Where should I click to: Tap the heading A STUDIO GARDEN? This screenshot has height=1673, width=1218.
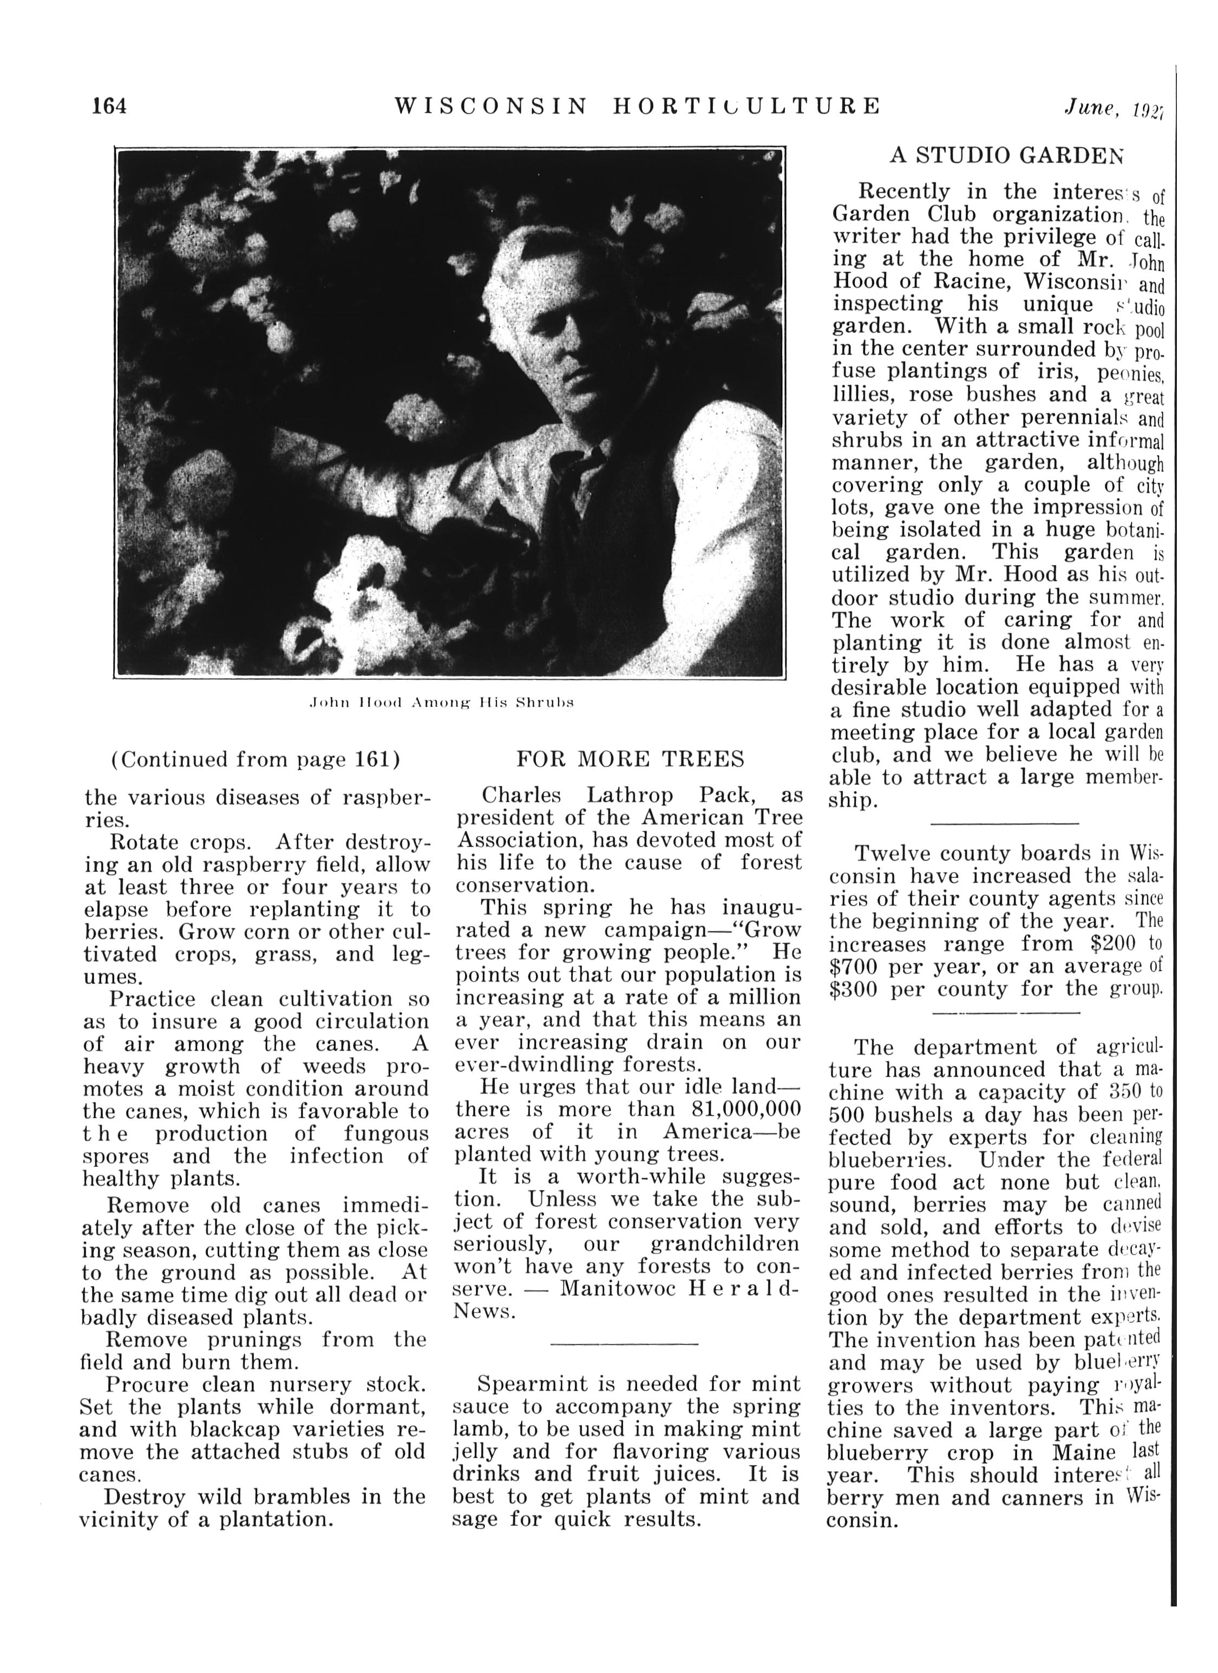(1007, 155)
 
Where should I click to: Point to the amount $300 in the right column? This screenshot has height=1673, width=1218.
(854, 989)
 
